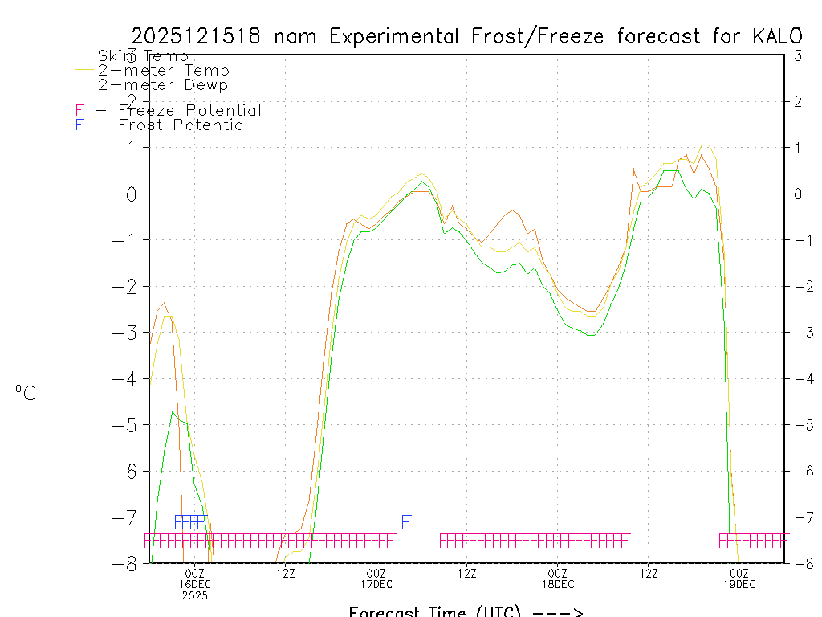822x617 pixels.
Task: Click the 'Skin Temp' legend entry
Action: [143, 56]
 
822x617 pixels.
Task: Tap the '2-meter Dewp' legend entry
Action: [162, 85]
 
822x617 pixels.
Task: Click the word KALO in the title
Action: [777, 36]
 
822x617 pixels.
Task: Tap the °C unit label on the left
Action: [26, 393]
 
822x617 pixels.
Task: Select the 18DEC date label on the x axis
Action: [558, 584]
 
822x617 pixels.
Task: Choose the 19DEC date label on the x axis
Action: [739, 584]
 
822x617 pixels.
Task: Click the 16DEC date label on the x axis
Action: [195, 584]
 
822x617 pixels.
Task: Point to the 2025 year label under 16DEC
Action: [195, 595]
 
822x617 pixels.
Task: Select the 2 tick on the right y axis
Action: [798, 101]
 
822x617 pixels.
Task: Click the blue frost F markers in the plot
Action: [190, 521]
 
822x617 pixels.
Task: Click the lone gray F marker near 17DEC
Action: [406, 522]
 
